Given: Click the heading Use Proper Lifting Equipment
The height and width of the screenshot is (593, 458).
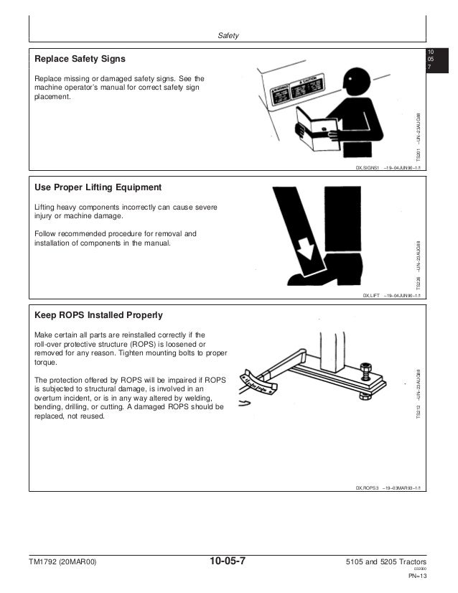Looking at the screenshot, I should [98, 187].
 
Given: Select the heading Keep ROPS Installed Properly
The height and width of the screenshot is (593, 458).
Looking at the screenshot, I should [99, 315].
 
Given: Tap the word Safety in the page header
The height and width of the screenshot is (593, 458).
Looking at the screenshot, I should [228, 36].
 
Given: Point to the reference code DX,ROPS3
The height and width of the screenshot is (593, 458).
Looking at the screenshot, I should [368, 487].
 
